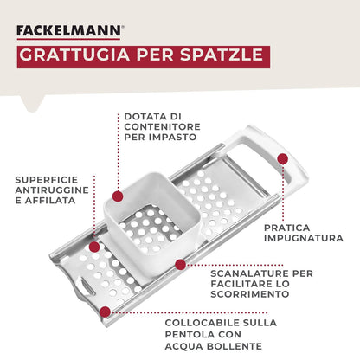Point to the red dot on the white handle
(x=282, y=158)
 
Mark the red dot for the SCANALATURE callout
(x=180, y=263)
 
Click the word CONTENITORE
(x=163, y=126)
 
